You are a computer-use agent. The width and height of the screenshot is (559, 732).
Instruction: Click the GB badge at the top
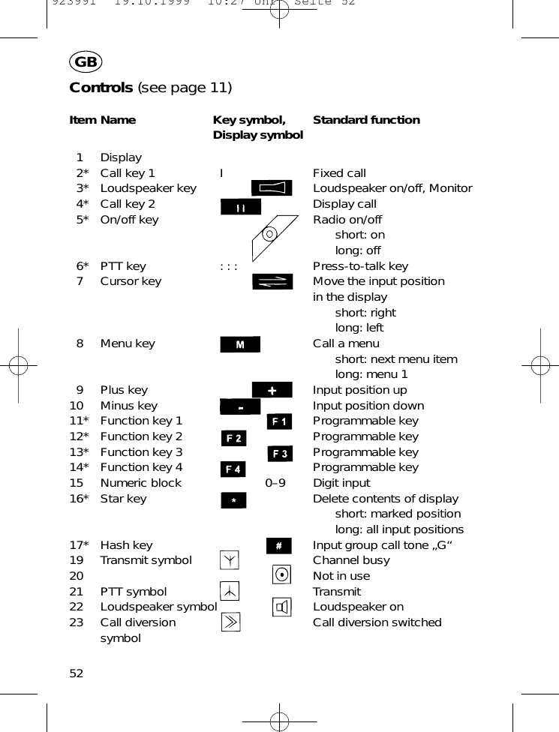tap(86, 62)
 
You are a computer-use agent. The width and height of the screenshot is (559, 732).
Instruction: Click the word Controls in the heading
tap(101, 88)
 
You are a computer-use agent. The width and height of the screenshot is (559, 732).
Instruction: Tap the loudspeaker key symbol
tap(272, 188)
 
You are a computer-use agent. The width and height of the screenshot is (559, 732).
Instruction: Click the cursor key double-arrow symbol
tap(272, 282)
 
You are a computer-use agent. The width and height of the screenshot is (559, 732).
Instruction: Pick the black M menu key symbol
tap(240, 344)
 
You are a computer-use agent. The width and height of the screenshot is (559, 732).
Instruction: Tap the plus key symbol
tap(272, 390)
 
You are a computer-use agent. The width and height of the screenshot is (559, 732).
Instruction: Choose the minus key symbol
tap(240, 406)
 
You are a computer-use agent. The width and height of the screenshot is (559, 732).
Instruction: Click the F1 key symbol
tap(280, 422)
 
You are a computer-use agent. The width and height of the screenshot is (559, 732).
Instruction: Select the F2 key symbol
tap(234, 438)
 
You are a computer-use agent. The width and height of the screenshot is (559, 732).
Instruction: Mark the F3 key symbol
tap(280, 454)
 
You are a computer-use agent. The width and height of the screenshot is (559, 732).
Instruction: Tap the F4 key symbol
tap(233, 469)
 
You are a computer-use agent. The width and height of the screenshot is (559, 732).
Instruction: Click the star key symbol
tap(233, 500)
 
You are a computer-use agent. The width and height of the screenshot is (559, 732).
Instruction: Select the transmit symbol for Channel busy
tap(230, 560)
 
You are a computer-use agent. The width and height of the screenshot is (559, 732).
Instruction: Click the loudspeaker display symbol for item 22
tap(281, 607)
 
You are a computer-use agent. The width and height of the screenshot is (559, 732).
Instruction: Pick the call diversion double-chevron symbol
tap(230, 622)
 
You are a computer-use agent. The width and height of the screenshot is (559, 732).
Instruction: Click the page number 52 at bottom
tap(77, 673)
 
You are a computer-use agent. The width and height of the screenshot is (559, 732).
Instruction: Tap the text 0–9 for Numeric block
tap(275, 483)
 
